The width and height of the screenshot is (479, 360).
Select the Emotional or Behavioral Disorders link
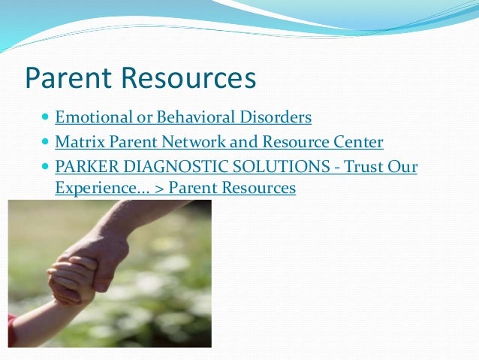pyautogui.click(x=183, y=117)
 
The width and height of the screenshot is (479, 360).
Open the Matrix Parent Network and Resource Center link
pyautogui.click(x=219, y=141)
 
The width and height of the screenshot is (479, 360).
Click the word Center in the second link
pyautogui.click(x=358, y=141)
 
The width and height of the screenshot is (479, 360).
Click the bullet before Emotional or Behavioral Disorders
pyautogui.click(x=47, y=118)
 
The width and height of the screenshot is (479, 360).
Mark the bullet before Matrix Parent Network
pyautogui.click(x=47, y=142)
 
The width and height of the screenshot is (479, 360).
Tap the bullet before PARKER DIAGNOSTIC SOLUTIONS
pyautogui.click(x=47, y=165)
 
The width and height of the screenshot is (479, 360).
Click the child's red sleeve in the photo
pyautogui.click(x=12, y=329)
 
